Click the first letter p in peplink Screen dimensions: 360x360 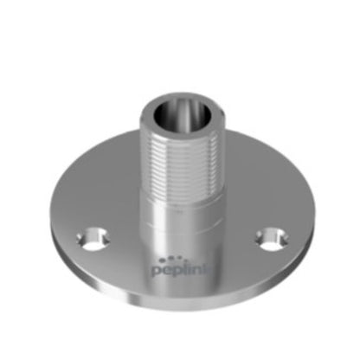pos(157,272)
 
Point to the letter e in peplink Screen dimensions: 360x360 pos(168,270)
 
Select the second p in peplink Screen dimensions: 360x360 pos(178,272)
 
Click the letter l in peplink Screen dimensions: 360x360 pos(186,268)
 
